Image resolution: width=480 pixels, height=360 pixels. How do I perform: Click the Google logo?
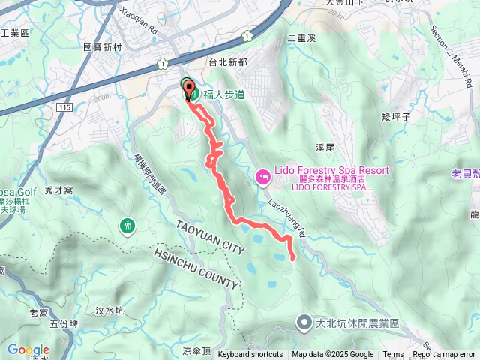point(28,349)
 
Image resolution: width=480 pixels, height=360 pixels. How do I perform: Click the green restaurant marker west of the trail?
point(127,225)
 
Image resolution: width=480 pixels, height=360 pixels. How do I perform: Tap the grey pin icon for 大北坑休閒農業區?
point(304,324)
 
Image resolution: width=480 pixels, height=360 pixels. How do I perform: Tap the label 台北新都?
point(228,63)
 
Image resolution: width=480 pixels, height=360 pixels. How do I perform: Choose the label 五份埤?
point(64,324)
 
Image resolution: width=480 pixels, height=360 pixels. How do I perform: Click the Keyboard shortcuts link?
point(250,355)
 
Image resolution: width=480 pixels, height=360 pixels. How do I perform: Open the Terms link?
point(393,355)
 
